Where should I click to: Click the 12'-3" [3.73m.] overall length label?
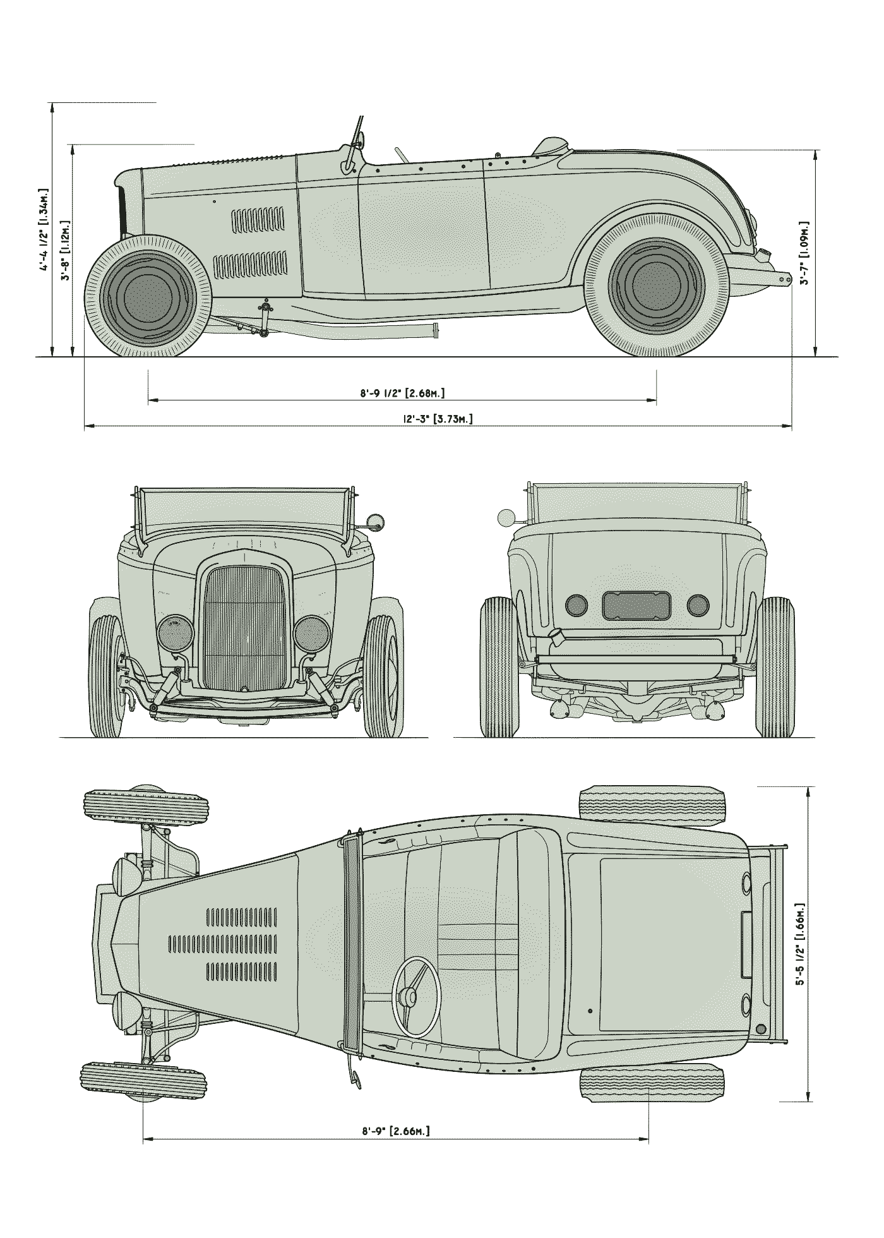tap(438, 418)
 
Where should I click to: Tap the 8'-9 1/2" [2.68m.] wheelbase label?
tap(402, 393)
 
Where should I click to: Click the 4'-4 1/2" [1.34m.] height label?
tap(44, 229)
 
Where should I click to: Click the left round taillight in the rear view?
tap(576, 605)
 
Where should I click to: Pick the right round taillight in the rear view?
tap(698, 605)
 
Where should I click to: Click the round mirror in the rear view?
tap(506, 518)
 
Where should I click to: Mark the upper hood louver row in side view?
tap(258, 220)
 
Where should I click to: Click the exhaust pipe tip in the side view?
tap(436, 331)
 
